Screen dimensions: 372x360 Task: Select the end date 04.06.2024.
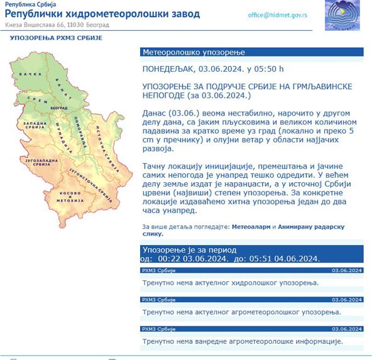294,258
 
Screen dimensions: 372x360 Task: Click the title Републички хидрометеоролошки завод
102,13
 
